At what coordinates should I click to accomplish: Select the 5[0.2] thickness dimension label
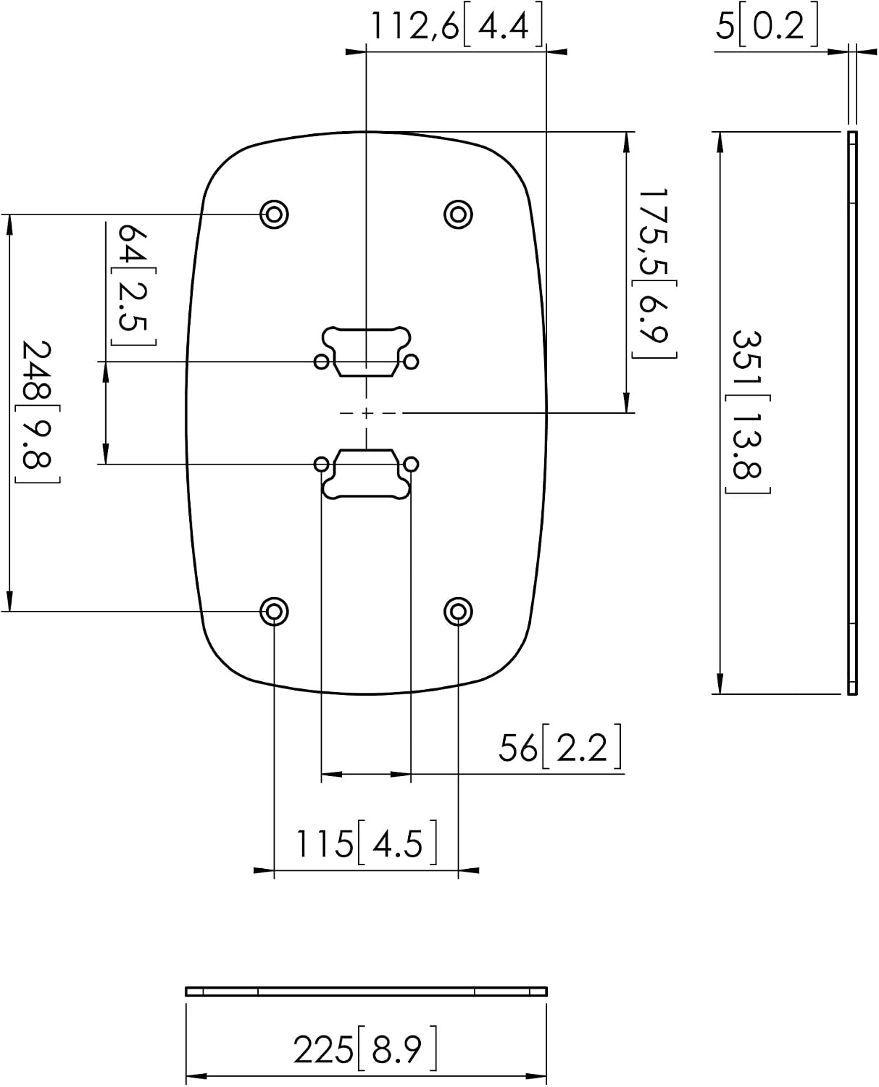(x=766, y=25)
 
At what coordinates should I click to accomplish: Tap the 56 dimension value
(x=518, y=749)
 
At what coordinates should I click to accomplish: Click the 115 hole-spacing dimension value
(x=325, y=844)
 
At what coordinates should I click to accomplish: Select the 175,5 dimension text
(x=653, y=233)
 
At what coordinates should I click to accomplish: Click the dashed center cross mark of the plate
(x=366, y=413)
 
